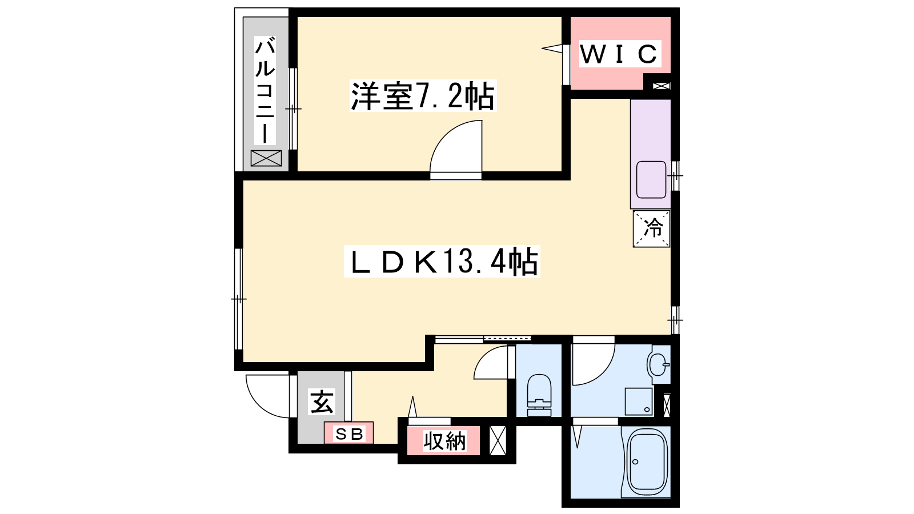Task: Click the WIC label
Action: (619, 54)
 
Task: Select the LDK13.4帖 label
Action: (442, 262)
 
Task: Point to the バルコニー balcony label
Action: (265, 90)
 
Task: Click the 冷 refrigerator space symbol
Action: (651, 228)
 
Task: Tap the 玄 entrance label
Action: (322, 401)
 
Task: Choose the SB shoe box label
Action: (349, 434)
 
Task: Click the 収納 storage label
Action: (444, 441)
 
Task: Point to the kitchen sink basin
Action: (651, 180)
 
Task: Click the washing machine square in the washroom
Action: (639, 401)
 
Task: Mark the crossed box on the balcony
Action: (266, 158)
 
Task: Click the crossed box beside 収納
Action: (498, 440)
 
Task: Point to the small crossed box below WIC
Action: (662, 86)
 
